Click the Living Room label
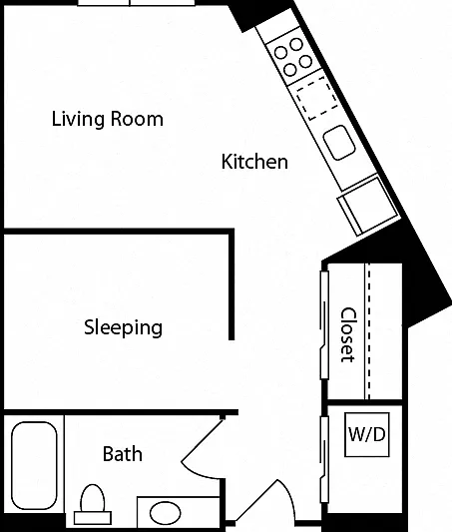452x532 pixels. point(108,119)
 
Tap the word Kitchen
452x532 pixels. point(254,162)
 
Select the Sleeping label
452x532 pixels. point(123,327)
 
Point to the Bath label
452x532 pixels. point(123,454)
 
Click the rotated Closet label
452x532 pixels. point(348,335)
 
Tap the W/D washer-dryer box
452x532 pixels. point(367,434)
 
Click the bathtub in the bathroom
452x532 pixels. point(34,465)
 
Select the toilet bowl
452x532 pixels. point(93,498)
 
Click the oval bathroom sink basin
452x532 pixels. point(165,513)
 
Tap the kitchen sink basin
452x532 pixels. point(339,142)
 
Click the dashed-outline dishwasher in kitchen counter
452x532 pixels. point(317,98)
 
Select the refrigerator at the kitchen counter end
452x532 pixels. point(368,206)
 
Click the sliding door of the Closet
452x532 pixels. point(324,324)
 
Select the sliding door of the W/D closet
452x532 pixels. point(324,459)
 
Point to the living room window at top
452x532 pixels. point(137,3)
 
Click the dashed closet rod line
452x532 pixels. point(369,331)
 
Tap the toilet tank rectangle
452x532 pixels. point(93,518)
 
